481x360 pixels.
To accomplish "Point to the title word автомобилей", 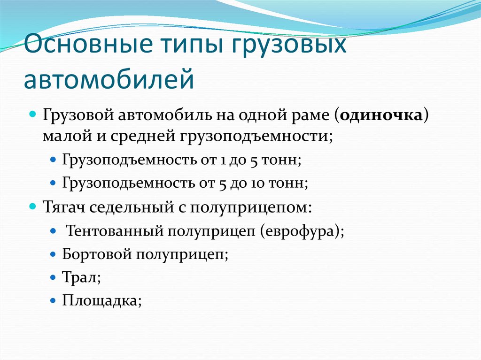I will click(109, 79).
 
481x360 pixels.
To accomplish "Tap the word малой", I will click(62, 136).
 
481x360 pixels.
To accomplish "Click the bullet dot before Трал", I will click(53, 277).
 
